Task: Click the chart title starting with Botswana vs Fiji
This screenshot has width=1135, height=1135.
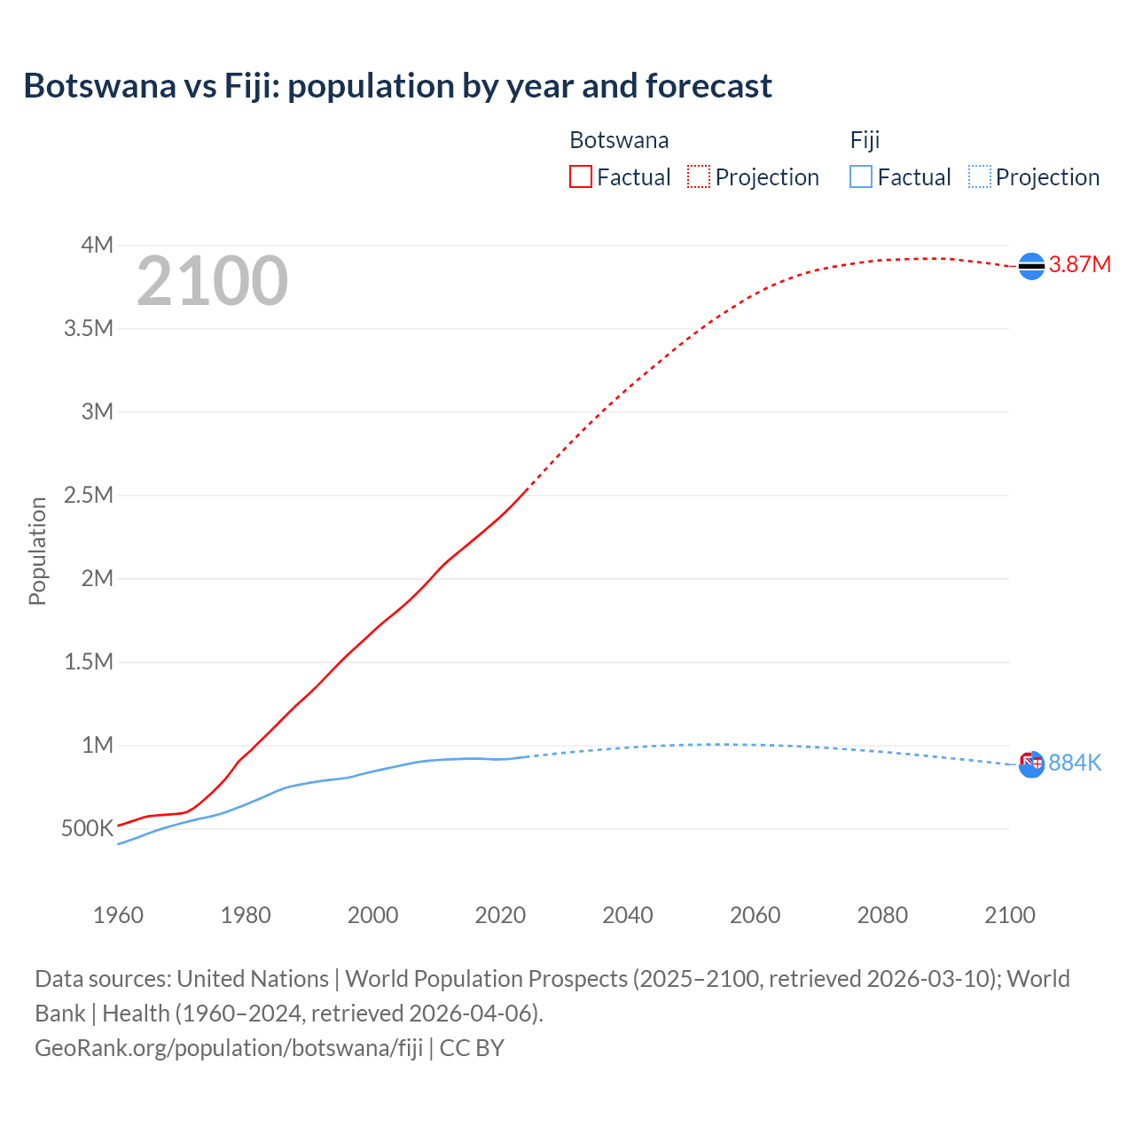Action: pyautogui.click(x=397, y=86)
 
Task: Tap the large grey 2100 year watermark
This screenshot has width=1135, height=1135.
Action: pyautogui.click(x=212, y=281)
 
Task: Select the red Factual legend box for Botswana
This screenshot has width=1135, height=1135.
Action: pyautogui.click(x=580, y=176)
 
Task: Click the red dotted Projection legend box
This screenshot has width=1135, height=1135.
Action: pyautogui.click(x=699, y=176)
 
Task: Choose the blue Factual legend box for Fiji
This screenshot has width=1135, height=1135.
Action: pyautogui.click(x=861, y=176)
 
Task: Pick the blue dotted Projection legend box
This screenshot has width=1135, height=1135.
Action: pyautogui.click(x=980, y=176)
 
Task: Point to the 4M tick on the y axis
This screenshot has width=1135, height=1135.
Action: pyautogui.click(x=97, y=245)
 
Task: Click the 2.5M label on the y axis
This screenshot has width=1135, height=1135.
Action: pyautogui.click(x=89, y=495)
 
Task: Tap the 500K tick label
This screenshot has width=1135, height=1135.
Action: pyautogui.click(x=87, y=829)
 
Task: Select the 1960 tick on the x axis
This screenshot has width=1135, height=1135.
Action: pyautogui.click(x=118, y=915)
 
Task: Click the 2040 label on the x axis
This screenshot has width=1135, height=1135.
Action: pyautogui.click(x=628, y=915)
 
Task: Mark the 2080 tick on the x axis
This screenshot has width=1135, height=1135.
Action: pyautogui.click(x=882, y=915)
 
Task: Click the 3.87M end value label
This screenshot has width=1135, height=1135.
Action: pyautogui.click(x=1079, y=264)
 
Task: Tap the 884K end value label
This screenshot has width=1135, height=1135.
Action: pyautogui.click(x=1075, y=763)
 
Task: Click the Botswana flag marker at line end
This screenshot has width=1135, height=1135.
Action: pyautogui.click(x=1031, y=265)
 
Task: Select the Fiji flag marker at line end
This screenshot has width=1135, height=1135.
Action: pyautogui.click(x=1031, y=763)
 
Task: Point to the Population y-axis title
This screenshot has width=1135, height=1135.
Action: pyautogui.click(x=37, y=551)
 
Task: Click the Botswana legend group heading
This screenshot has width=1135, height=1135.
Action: pyautogui.click(x=619, y=140)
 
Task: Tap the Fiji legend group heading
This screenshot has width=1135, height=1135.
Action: pyautogui.click(x=865, y=140)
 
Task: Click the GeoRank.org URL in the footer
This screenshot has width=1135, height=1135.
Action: pyautogui.click(x=229, y=1047)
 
